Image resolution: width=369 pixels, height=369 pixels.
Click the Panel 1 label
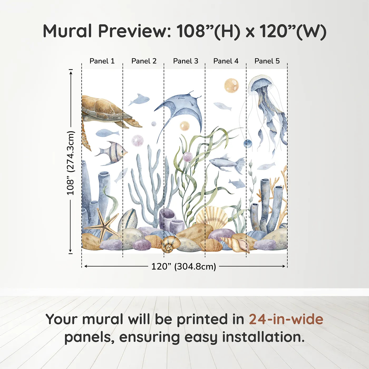point(102,61)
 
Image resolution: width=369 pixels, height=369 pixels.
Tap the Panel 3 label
point(186,61)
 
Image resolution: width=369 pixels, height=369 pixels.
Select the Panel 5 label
point(267,61)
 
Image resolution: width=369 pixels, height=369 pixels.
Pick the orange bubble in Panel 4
point(231,85)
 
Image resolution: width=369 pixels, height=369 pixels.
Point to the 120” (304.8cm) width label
point(183,266)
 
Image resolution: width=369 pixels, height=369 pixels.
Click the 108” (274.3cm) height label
point(71,163)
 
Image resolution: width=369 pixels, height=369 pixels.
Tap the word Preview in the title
point(135,31)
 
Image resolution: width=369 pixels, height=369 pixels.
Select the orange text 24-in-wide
point(286,319)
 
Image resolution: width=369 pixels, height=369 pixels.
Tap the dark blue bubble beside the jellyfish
point(247,144)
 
